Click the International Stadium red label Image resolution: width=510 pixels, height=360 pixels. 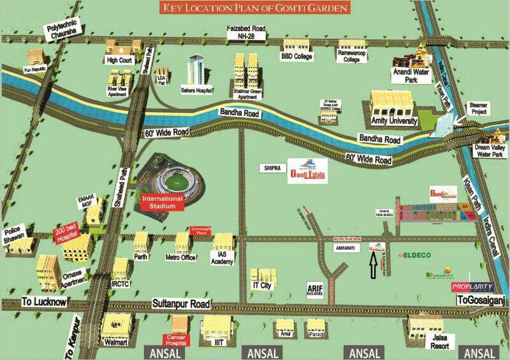coord(162,203)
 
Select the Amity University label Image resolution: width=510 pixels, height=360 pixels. coord(393,120)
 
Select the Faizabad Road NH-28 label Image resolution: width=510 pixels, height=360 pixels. coord(247,32)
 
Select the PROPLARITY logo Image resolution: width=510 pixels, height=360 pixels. coord(472,287)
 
